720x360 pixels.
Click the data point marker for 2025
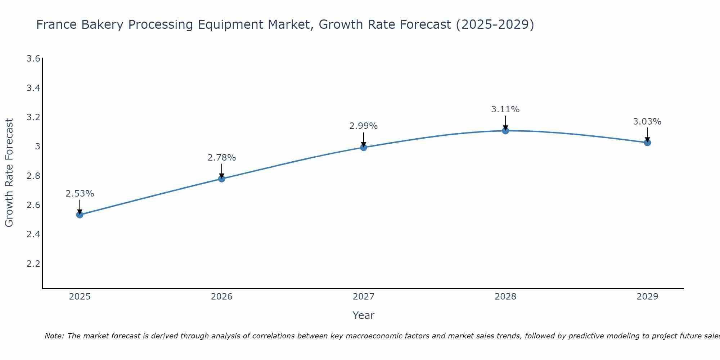point(80,215)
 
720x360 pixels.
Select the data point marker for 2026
point(222,179)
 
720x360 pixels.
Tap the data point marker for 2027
point(364,147)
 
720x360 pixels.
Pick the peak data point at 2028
point(505,131)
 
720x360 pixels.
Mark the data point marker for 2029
point(647,143)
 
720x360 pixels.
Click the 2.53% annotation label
point(80,194)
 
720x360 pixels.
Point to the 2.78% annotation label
point(222,158)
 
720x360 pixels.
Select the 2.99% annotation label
point(364,126)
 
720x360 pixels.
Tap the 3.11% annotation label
point(505,109)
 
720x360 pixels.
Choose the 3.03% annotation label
point(647,122)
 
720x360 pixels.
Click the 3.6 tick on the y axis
point(33,59)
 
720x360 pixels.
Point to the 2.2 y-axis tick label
point(33,264)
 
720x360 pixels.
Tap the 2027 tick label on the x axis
point(364,297)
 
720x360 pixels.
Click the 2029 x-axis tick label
point(647,297)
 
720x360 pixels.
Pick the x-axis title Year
point(364,315)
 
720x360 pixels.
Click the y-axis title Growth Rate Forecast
point(9,173)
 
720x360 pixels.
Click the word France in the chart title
point(57,24)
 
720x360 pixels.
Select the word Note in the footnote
point(54,336)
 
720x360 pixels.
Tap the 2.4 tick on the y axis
point(33,234)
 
